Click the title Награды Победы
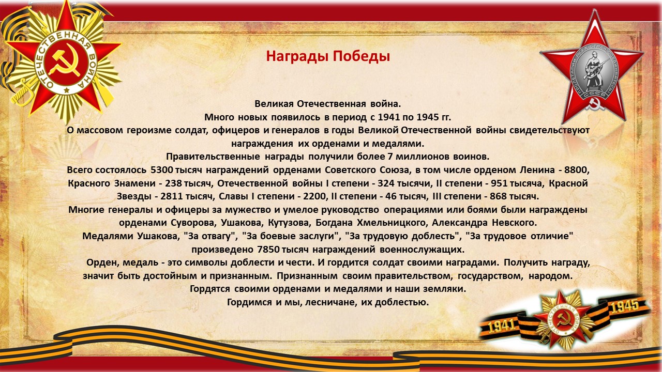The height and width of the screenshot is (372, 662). (x=328, y=56)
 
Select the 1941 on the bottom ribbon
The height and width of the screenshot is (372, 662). (x=502, y=327)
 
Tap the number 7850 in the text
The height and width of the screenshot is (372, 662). (x=268, y=250)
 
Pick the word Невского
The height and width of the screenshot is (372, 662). (x=514, y=223)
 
